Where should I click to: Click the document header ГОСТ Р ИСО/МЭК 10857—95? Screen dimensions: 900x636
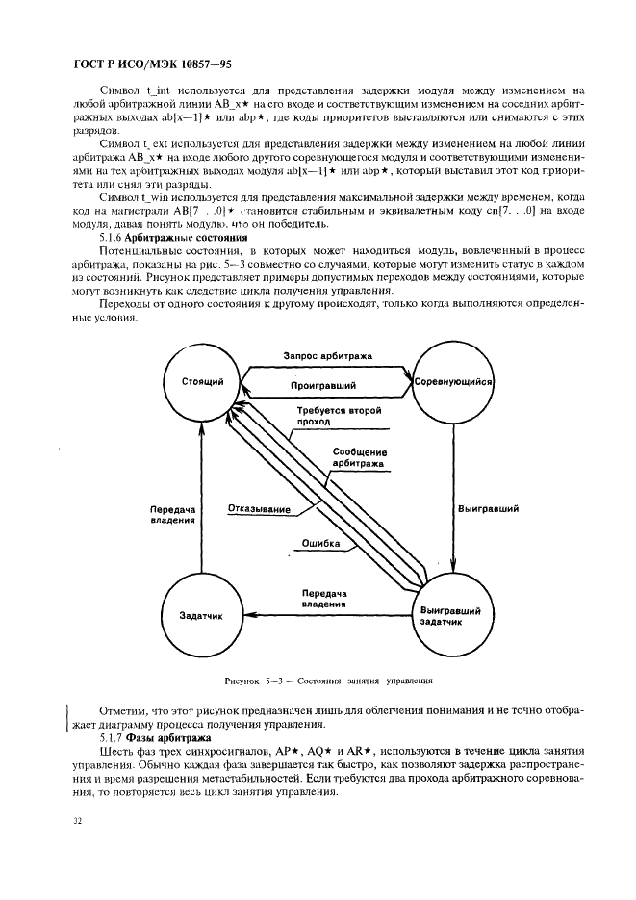pyautogui.click(x=140, y=66)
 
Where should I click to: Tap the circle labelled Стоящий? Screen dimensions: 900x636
pyautogui.click(x=202, y=382)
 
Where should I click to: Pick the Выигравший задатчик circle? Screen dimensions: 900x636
pyautogui.click(x=451, y=616)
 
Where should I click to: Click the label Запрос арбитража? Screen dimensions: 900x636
pyautogui.click(x=328, y=355)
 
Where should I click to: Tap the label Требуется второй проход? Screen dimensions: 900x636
pyautogui.click(x=340, y=415)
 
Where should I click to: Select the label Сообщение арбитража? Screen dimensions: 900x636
pyautogui.click(x=360, y=457)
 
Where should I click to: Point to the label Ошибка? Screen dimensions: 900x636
pyautogui.click(x=321, y=544)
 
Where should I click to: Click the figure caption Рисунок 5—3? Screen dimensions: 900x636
pyautogui.click(x=328, y=680)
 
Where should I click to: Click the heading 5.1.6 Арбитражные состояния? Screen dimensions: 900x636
pyautogui.click(x=173, y=236)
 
